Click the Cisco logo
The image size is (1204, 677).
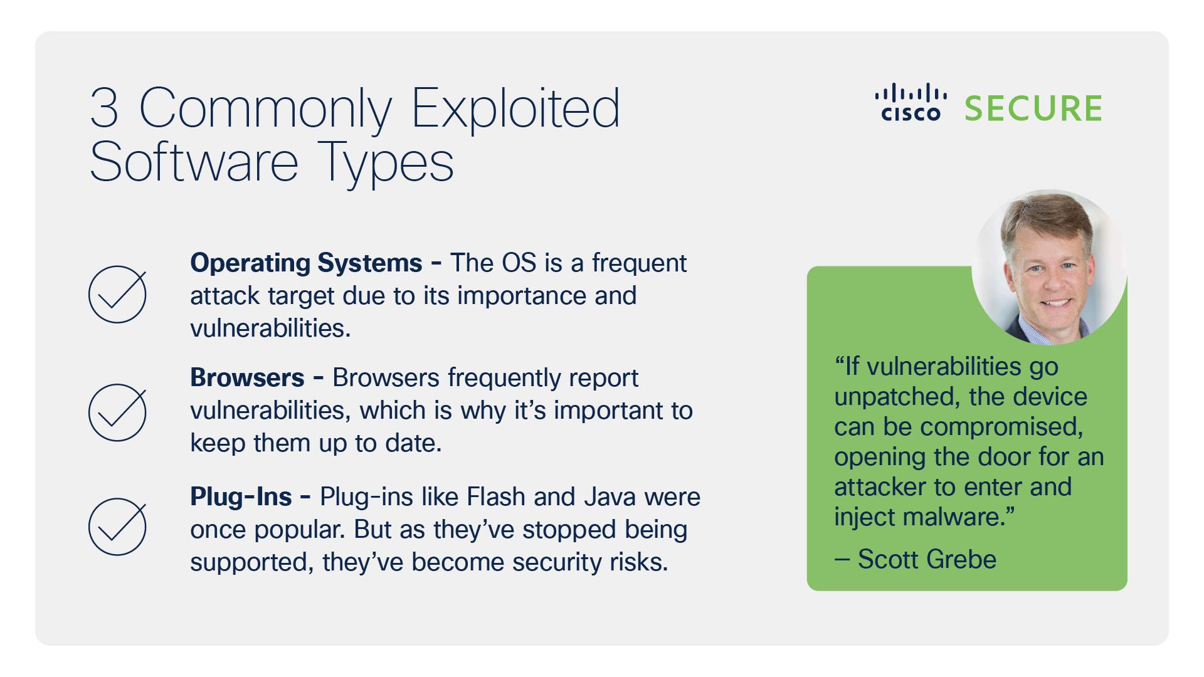(x=911, y=104)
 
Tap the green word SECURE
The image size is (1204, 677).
(x=1033, y=109)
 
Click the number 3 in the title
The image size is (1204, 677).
(x=104, y=108)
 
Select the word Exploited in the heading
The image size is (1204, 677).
(x=515, y=108)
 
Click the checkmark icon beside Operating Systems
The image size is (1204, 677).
(x=117, y=295)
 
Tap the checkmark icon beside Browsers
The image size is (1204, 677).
(x=117, y=412)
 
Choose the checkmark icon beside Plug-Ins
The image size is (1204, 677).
(x=117, y=527)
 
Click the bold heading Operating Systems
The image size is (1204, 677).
(x=306, y=263)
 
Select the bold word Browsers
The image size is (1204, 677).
(x=247, y=377)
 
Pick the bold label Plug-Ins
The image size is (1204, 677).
(x=241, y=496)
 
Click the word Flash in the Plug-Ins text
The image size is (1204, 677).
(x=496, y=496)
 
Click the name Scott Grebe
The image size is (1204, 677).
(x=926, y=559)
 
